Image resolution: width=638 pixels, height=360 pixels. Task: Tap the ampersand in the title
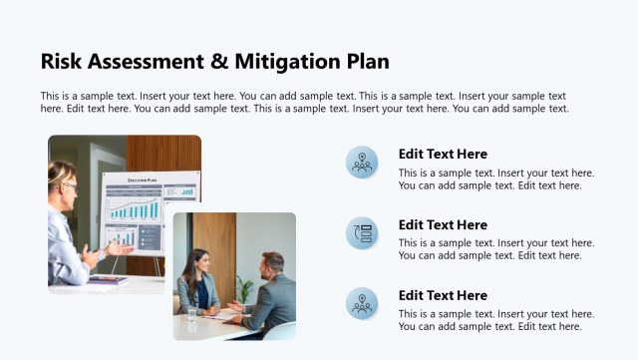[220, 61]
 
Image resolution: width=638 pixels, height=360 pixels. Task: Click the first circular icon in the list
[362, 162]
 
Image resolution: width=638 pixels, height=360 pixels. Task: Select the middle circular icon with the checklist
[362, 232]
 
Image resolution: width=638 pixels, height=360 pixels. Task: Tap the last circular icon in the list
[362, 303]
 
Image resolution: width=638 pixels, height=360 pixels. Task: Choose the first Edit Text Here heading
[443, 155]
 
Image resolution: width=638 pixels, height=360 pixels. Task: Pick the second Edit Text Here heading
[443, 225]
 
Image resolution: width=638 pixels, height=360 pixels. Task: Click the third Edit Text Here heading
[443, 296]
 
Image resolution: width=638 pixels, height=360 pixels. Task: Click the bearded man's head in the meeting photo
[272, 264]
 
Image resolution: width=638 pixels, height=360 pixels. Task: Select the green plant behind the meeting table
[244, 288]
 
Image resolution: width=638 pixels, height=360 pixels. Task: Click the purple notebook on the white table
[107, 280]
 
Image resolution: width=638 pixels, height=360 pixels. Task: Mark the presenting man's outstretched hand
[121, 247]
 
